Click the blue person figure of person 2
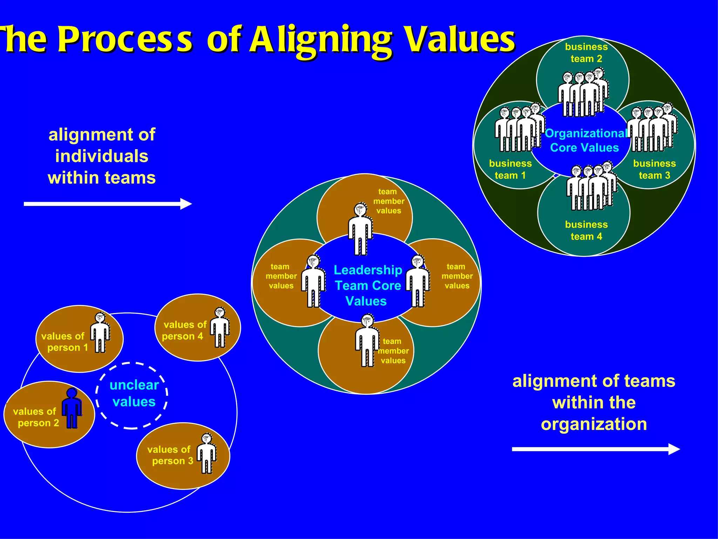click(x=72, y=408)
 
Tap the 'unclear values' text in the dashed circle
click(x=134, y=393)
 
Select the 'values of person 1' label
click(x=64, y=342)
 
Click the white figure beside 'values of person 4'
click(x=220, y=327)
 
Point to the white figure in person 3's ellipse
click(x=207, y=453)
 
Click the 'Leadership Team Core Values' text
click(x=367, y=285)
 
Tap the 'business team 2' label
click(x=586, y=53)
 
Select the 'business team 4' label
click(x=586, y=230)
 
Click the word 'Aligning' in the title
click(x=320, y=40)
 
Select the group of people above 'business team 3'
click(x=652, y=128)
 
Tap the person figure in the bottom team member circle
click(x=367, y=340)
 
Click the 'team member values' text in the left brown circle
click(x=281, y=276)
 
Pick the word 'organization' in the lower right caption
click(x=594, y=424)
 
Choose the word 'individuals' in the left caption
click(x=102, y=156)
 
